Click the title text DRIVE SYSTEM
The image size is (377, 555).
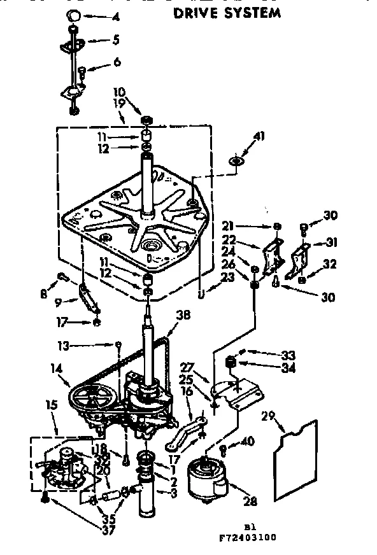(227, 12)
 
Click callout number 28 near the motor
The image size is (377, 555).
(250, 502)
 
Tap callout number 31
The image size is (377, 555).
(331, 242)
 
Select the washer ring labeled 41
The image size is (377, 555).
(236, 162)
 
